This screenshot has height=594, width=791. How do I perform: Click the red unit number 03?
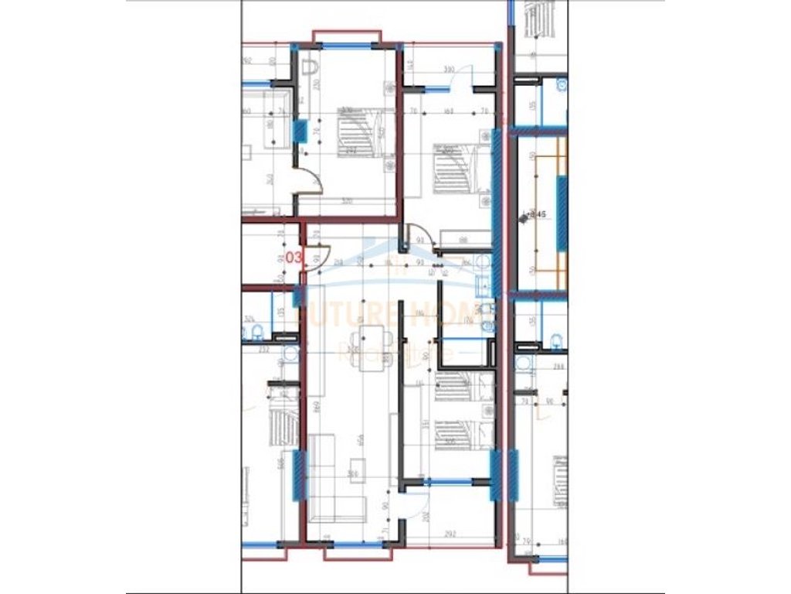coord(294,257)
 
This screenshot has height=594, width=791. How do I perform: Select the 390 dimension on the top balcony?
coord(448,70)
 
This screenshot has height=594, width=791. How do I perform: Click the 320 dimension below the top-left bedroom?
coord(346,200)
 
